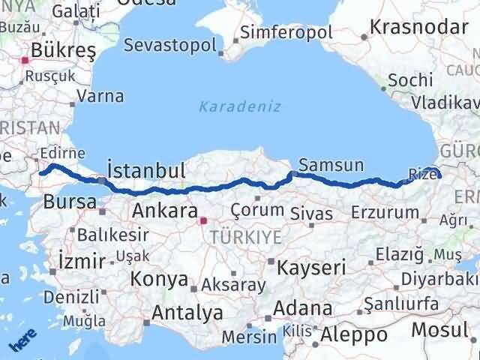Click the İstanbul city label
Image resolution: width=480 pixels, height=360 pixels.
(146, 169)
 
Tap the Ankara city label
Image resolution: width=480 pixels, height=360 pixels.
(165, 211)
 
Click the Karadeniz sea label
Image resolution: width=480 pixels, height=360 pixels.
(239, 106)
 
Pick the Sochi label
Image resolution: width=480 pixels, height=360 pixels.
(411, 79)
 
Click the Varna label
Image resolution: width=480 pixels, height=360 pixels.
(100, 97)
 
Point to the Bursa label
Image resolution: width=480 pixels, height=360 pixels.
(70, 201)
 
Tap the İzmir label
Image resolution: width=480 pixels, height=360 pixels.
(81, 262)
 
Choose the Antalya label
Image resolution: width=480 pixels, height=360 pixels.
(187, 312)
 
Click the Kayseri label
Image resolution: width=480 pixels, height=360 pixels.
(311, 267)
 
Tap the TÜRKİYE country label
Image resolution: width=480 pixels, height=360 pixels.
(246, 238)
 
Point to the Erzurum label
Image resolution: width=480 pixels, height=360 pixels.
(385, 213)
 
